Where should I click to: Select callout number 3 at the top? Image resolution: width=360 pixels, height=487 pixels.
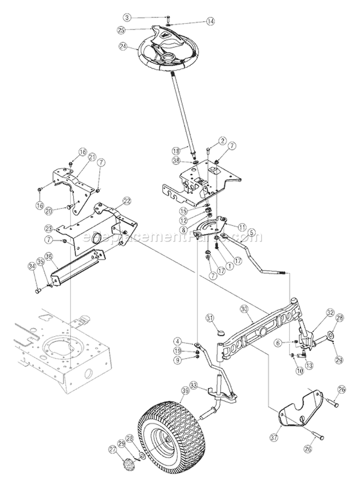point(126,17)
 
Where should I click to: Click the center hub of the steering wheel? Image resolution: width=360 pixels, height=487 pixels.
point(169,59)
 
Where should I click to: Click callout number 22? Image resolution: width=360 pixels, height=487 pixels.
point(127,200)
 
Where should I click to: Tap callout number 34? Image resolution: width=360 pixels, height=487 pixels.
point(32,265)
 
